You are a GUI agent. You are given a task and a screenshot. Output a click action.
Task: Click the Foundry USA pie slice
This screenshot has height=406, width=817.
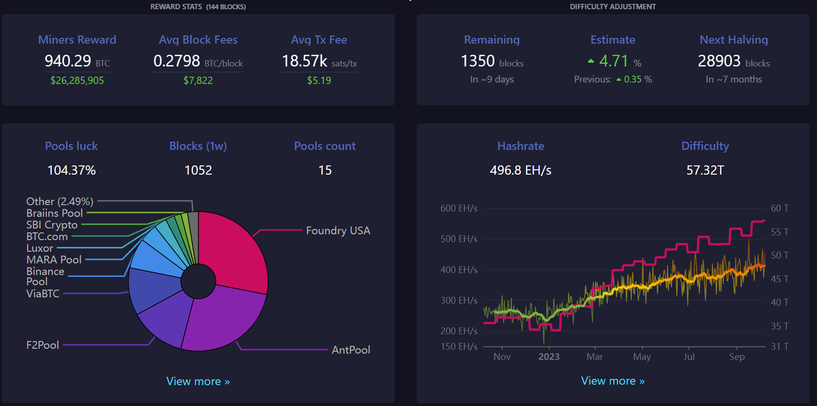pyautogui.click(x=235, y=252)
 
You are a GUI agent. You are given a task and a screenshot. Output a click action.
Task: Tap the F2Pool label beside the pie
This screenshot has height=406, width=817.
pyautogui.click(x=43, y=345)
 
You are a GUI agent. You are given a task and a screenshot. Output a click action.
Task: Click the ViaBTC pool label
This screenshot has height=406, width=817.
pyautogui.click(x=43, y=293)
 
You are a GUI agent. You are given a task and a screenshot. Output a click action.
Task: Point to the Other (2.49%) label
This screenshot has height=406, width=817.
pyautogui.click(x=60, y=201)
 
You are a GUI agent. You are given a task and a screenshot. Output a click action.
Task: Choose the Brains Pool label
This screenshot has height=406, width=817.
pyautogui.click(x=55, y=213)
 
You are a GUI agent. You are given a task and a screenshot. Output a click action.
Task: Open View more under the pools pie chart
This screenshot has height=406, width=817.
pyautogui.click(x=198, y=381)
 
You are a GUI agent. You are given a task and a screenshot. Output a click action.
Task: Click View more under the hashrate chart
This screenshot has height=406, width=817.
pyautogui.click(x=613, y=381)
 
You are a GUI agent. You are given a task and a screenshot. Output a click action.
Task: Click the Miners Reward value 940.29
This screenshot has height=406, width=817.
pyautogui.click(x=68, y=61)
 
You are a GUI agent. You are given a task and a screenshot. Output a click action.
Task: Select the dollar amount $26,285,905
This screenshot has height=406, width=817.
pyautogui.click(x=77, y=81)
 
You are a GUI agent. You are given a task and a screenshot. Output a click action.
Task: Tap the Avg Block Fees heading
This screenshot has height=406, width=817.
pyautogui.click(x=198, y=40)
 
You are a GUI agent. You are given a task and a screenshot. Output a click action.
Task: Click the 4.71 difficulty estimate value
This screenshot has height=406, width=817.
pyautogui.click(x=614, y=61)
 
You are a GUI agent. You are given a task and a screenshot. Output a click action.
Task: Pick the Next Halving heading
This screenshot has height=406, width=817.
pyautogui.click(x=734, y=40)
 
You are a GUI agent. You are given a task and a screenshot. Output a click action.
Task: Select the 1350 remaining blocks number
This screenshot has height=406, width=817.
pyautogui.click(x=478, y=61)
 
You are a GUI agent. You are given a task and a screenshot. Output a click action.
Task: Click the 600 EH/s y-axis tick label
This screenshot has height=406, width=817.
pyautogui.click(x=458, y=208)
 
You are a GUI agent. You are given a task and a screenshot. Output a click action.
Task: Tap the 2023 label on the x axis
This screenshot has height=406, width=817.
pyautogui.click(x=549, y=357)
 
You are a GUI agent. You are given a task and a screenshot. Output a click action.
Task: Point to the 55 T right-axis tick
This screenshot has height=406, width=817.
pyautogui.click(x=779, y=232)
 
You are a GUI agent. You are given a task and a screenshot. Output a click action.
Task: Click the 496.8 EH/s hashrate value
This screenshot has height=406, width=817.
pyautogui.click(x=521, y=170)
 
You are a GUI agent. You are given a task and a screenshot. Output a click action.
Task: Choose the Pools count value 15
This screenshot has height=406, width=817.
pyautogui.click(x=325, y=170)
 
